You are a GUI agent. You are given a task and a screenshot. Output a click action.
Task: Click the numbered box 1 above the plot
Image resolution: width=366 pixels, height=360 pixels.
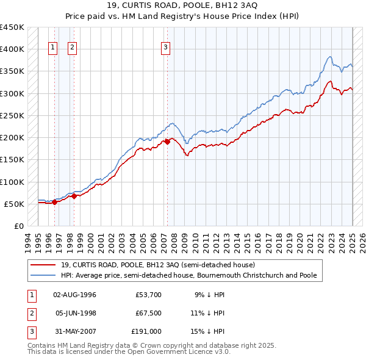53,48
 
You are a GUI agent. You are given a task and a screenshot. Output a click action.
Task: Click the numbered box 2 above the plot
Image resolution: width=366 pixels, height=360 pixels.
73,48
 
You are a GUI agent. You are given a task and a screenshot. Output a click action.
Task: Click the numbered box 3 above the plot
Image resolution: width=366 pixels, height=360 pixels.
166,48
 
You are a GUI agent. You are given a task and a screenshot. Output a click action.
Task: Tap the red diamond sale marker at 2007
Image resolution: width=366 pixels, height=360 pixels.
167,142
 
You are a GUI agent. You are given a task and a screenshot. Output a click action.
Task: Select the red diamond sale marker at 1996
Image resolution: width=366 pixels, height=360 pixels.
54,202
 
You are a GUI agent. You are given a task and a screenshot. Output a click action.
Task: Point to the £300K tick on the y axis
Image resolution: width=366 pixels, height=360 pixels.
13,93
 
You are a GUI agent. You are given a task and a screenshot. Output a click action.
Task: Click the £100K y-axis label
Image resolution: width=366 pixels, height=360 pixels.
13,182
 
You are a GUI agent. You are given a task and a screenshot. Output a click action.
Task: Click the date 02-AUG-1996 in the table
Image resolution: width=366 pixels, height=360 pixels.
75,295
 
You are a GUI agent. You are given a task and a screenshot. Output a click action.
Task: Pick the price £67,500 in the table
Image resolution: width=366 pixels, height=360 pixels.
148,313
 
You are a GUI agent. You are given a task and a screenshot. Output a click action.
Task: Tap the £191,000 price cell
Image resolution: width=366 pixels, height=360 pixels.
146,331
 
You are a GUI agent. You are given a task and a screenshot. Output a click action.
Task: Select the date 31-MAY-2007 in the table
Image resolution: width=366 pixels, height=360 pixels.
75,331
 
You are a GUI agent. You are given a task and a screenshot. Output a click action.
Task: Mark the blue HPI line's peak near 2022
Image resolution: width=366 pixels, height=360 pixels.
329,57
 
